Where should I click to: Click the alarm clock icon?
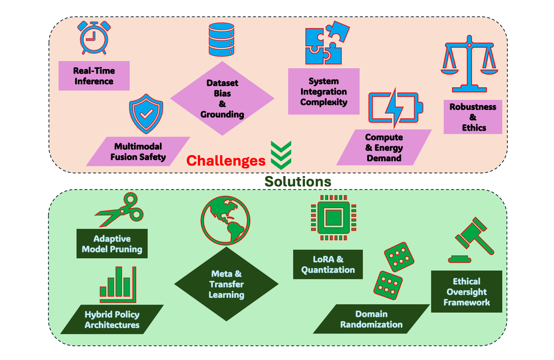click(x=94, y=38)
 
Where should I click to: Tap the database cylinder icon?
click(x=221, y=40)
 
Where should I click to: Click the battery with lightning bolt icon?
click(x=396, y=107)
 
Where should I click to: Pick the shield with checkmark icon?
click(x=146, y=114)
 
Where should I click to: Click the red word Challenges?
click(x=226, y=161)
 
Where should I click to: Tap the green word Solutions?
click(x=298, y=181)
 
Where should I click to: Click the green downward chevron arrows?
click(x=281, y=155)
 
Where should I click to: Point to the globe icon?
click(x=225, y=220)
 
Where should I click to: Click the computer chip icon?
click(x=333, y=218)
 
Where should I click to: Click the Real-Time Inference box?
click(x=94, y=76)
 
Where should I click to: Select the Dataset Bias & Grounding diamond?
click(x=222, y=98)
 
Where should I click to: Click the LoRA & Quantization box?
click(x=328, y=264)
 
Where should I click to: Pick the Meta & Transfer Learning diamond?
click(x=226, y=284)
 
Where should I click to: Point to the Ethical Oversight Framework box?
click(x=466, y=291)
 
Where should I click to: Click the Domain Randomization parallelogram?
click(x=371, y=319)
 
